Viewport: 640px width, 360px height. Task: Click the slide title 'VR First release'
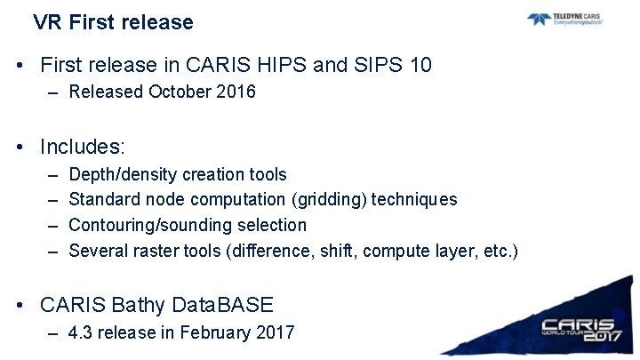click(113, 22)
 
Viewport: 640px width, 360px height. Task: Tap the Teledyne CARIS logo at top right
click(564, 19)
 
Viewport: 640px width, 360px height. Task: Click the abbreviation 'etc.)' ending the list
click(500, 251)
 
